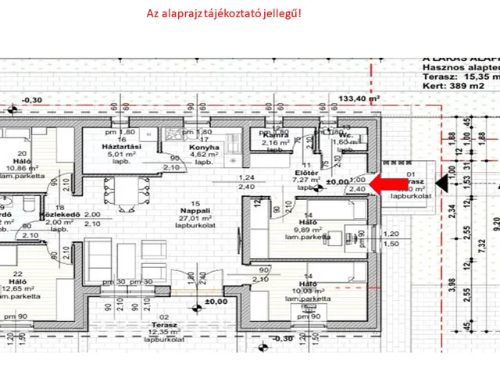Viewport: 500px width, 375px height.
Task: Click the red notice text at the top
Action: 223,14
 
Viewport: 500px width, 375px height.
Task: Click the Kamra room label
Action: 274,135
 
